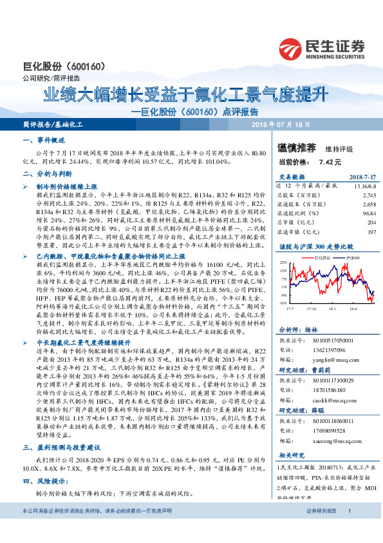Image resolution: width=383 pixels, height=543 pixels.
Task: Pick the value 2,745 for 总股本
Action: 369,194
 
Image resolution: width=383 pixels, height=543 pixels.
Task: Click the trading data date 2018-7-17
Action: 362,176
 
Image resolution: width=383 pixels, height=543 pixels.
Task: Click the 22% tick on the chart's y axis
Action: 283,263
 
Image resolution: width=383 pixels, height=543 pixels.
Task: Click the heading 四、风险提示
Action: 43,481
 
